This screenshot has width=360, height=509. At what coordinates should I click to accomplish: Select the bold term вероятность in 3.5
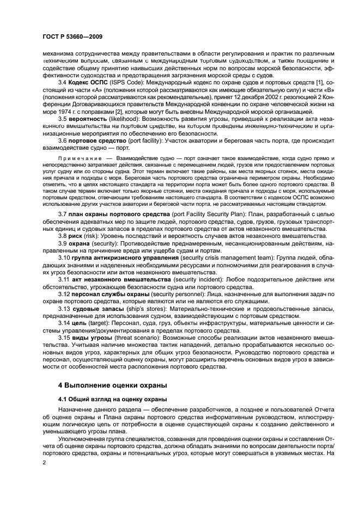tap(89, 118)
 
